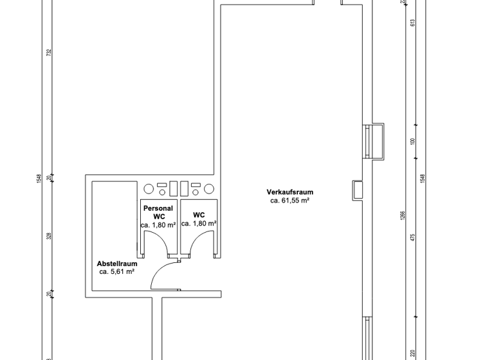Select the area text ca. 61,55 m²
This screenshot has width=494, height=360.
point(290,201)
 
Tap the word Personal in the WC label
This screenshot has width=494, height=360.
point(158,208)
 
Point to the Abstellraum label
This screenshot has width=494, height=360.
point(116,264)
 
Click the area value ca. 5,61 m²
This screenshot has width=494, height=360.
point(116,272)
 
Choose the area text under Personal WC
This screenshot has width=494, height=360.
point(158,225)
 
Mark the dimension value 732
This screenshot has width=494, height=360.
point(48,51)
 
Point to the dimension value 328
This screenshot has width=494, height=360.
point(48,235)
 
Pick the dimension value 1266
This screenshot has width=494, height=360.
point(403,215)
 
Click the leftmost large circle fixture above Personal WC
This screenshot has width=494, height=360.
point(149,189)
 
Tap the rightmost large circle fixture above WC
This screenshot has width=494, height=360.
point(208,189)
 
